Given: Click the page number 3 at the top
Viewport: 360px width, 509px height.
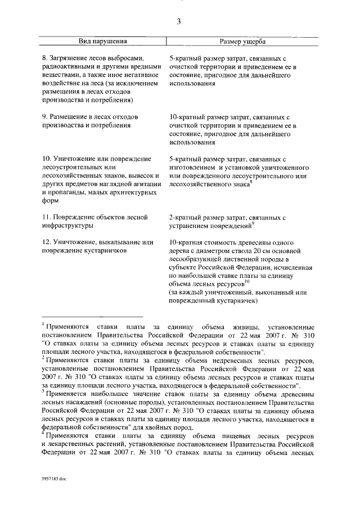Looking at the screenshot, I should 178,22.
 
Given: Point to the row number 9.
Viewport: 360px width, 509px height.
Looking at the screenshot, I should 46,117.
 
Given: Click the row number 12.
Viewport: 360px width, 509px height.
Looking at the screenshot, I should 48,242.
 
